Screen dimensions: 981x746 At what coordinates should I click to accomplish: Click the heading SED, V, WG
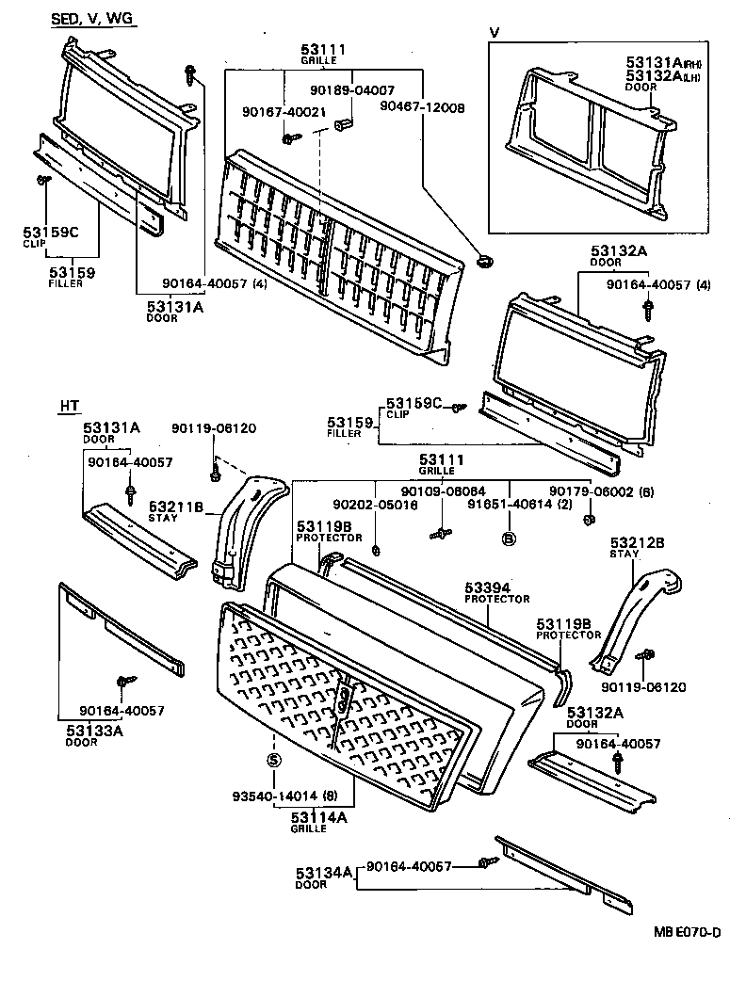coord(92,20)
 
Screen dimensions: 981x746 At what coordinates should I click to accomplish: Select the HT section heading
coord(70,406)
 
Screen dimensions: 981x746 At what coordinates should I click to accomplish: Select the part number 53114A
coord(318,817)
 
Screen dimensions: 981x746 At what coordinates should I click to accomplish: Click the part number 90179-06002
coord(595,491)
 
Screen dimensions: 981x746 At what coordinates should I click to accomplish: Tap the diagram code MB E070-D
coord(688,933)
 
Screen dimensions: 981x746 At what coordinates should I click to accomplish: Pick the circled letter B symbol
coord(509,539)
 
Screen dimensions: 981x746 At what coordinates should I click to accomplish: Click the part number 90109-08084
coord(443,491)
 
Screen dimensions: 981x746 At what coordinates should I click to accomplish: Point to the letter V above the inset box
coord(495,33)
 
